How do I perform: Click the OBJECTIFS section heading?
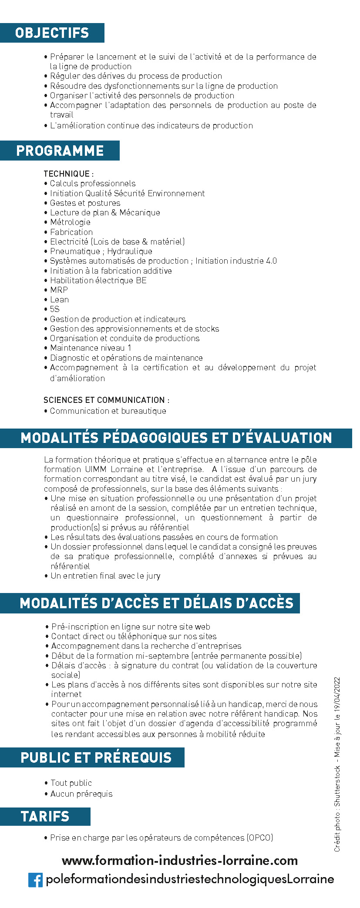click(x=52, y=33)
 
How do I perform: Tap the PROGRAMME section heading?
click(x=60, y=151)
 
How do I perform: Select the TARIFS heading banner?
click(x=45, y=816)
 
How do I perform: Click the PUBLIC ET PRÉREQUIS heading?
click(x=96, y=757)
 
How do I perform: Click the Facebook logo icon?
click(x=35, y=879)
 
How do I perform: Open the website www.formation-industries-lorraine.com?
click(x=180, y=860)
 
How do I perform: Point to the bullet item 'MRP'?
click(x=59, y=290)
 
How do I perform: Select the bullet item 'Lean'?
click(x=59, y=299)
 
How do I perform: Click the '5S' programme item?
click(x=54, y=309)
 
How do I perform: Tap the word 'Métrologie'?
click(x=70, y=222)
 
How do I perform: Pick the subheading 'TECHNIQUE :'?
click(x=68, y=174)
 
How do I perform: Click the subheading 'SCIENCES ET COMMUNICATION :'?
click(x=106, y=400)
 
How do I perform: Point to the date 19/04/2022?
click(x=337, y=697)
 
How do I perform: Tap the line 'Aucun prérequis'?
click(x=81, y=794)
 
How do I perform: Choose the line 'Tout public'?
click(x=71, y=783)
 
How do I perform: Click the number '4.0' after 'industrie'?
click(x=271, y=261)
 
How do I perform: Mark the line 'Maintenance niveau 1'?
click(x=90, y=348)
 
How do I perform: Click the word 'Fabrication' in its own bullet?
click(x=71, y=232)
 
